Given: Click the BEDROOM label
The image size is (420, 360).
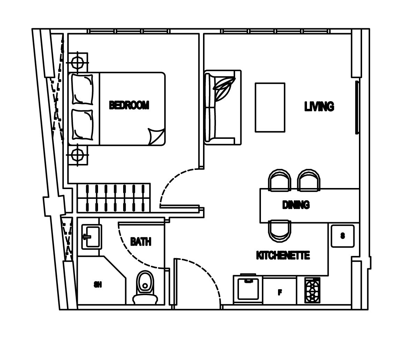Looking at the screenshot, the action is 129,105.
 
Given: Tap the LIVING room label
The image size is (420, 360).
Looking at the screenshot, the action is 319,106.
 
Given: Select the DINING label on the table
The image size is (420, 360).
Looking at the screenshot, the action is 296,205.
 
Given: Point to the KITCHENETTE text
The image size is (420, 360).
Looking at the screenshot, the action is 283,255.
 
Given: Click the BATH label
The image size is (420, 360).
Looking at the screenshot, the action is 141,241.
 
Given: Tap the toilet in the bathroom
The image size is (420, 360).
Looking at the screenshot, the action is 145,287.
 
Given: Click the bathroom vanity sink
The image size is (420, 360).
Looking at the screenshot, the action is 92,237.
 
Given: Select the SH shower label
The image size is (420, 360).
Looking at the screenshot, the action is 98,285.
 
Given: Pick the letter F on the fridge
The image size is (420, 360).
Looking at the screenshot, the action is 280,292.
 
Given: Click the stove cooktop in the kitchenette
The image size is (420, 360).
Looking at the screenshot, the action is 312,290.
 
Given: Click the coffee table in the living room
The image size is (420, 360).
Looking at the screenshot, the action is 270,107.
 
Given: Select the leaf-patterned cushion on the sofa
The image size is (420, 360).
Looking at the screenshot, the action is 224,89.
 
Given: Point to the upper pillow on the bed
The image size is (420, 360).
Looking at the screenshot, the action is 82,90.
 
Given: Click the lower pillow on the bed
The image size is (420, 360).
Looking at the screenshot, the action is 82,125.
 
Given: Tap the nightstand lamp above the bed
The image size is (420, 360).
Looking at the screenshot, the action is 77,63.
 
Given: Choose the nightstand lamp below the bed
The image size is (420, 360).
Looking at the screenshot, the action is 77,155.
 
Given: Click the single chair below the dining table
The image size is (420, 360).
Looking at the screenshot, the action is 279,231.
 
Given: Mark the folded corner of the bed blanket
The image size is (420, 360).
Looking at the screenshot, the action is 157,136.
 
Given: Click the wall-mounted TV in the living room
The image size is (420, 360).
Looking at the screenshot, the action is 357,107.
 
